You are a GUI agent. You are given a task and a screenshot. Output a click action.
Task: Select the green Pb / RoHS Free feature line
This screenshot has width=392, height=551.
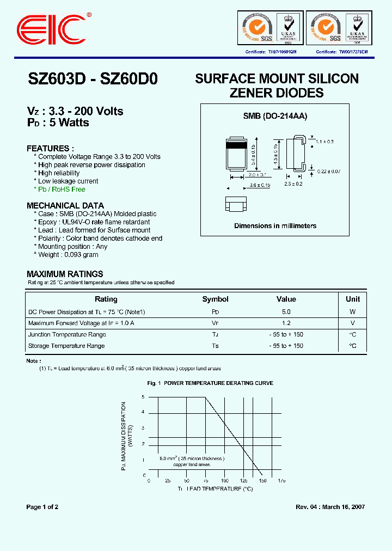pyautogui.click(x=62, y=189)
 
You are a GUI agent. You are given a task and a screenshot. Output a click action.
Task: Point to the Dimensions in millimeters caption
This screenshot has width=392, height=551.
pyautogui.click(x=275, y=225)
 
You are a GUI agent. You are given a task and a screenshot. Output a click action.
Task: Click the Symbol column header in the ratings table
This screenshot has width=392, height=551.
pyautogui.click(x=215, y=299)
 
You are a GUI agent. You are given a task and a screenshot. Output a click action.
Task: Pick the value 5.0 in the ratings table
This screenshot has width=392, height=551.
pyautogui.click(x=286, y=312)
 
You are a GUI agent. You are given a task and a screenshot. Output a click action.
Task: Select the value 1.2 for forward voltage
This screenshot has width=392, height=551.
pyautogui.click(x=286, y=323)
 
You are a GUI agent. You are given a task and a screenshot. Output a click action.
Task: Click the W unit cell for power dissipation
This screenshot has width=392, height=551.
pyautogui.click(x=353, y=312)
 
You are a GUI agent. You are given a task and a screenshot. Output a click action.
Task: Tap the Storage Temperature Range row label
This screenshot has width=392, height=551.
pyautogui.click(x=66, y=346)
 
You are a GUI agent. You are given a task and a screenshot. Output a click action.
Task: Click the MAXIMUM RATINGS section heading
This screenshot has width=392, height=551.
pyautogui.click(x=65, y=274)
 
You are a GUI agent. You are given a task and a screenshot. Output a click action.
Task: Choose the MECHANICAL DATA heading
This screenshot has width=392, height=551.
pyautogui.click(x=65, y=206)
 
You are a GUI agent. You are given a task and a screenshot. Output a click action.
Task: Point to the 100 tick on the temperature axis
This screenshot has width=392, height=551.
pyautogui.click(x=224, y=481)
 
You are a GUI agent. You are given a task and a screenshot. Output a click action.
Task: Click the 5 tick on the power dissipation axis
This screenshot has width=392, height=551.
pyautogui.click(x=144, y=397)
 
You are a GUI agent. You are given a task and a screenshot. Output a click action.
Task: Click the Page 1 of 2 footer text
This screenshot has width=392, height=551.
pyautogui.click(x=42, y=507)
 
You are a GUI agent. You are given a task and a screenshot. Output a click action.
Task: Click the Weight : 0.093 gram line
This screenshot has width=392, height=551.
pyautogui.click(x=68, y=255)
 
